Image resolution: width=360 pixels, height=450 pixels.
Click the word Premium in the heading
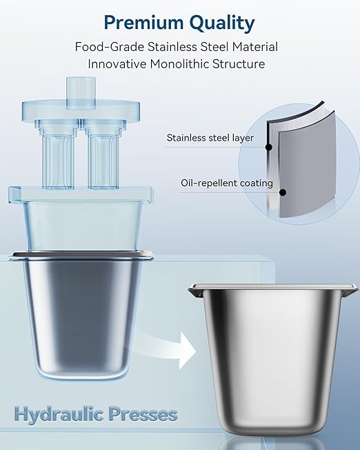point(143,22)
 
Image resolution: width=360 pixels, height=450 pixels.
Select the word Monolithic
point(179,63)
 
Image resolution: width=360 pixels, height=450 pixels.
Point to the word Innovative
point(117,63)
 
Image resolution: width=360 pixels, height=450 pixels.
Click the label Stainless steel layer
point(210,138)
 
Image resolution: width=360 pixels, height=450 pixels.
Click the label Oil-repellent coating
point(227,183)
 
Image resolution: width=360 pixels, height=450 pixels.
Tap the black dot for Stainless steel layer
point(269,147)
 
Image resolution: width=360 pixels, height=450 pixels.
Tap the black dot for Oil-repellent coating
point(283,192)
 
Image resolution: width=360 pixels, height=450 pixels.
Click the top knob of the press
point(81,93)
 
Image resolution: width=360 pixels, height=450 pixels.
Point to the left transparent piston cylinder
point(57,155)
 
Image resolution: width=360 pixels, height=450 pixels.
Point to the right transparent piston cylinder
point(103,155)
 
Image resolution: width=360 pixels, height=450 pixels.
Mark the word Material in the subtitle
point(255,46)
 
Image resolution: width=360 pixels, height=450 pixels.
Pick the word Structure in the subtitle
point(239,63)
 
